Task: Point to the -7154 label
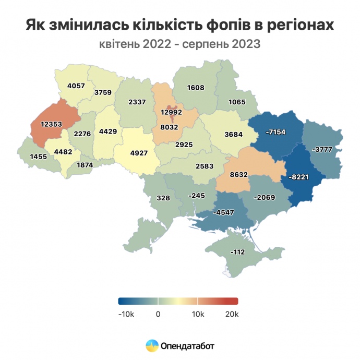275,133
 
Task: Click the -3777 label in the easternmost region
321,150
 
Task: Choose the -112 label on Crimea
237,253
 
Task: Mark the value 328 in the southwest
164,198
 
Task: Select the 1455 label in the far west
39,157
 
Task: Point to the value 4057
77,87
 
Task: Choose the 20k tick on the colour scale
232,314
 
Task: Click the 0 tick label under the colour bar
158,314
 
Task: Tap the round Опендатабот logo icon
152,345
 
